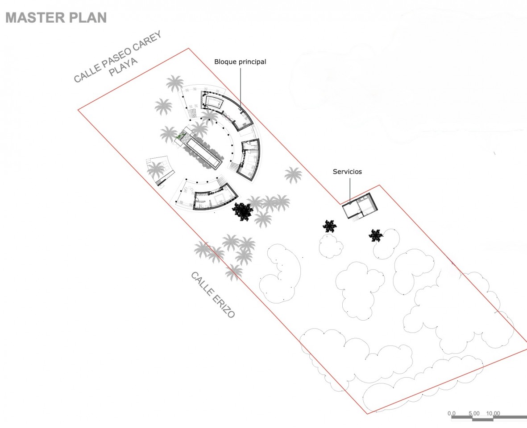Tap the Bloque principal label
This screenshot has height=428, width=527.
tap(240, 62)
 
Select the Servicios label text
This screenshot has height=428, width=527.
tap(347, 171)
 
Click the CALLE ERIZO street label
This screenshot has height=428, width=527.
tap(213, 294)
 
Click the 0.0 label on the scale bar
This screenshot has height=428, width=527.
tap(452, 413)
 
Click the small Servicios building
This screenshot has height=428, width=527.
tap(361, 206)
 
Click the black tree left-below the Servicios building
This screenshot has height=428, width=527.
tap(329, 226)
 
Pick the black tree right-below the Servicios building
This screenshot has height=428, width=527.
tap(376, 235)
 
